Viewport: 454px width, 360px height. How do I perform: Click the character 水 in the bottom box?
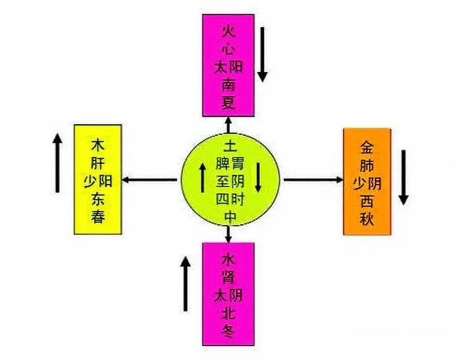228,260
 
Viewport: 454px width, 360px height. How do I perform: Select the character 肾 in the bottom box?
228,277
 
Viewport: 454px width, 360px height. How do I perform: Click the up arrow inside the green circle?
202,178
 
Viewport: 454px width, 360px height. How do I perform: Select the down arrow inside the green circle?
258,178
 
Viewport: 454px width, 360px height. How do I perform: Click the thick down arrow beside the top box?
262,56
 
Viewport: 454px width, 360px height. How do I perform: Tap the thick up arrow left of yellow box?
57,163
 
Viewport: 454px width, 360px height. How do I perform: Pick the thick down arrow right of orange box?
403,177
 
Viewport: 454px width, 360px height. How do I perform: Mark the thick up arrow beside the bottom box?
185,283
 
